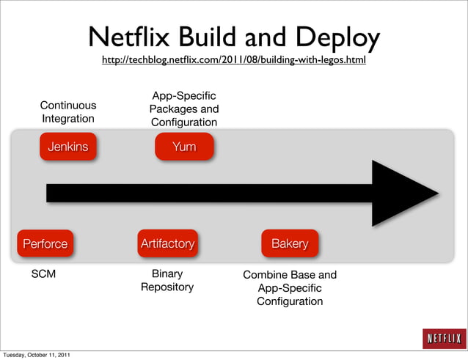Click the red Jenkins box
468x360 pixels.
pos(67,147)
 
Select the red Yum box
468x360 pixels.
pos(184,147)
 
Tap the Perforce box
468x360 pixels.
pos(45,243)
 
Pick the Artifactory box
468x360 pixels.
pos(167,243)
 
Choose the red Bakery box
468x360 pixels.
pos(290,243)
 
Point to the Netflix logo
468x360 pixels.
pos(443,338)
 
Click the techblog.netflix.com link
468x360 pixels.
pos(233,59)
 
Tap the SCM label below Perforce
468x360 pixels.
pos(43,274)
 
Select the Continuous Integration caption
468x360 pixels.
pos(67,111)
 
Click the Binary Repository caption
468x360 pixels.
pos(167,280)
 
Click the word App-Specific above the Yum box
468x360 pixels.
pos(183,95)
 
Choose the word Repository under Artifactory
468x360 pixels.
pos(167,287)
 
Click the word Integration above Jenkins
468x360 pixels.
pos(67,118)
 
